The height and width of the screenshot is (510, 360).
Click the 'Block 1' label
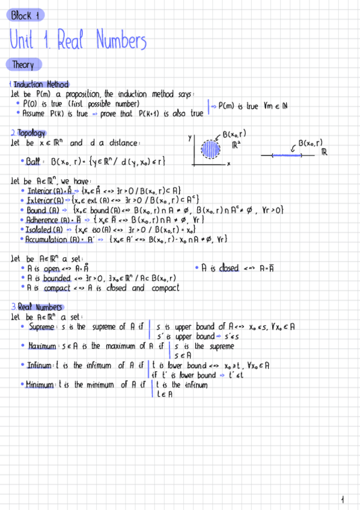coord(25,16)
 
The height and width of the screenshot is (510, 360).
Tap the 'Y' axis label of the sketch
coord(190,138)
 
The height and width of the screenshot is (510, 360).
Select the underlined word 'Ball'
coord(32,162)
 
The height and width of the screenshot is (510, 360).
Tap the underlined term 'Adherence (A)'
coord(47,220)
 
